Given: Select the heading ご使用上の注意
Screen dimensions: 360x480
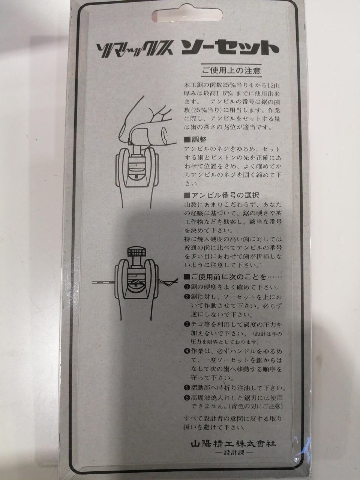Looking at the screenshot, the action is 231,70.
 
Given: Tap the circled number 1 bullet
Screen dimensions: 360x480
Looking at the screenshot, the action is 187,287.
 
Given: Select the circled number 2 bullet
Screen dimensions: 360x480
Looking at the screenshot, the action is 187,297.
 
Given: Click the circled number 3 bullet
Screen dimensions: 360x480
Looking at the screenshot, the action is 187,324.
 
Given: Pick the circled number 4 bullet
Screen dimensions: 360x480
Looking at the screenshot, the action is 187,351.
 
